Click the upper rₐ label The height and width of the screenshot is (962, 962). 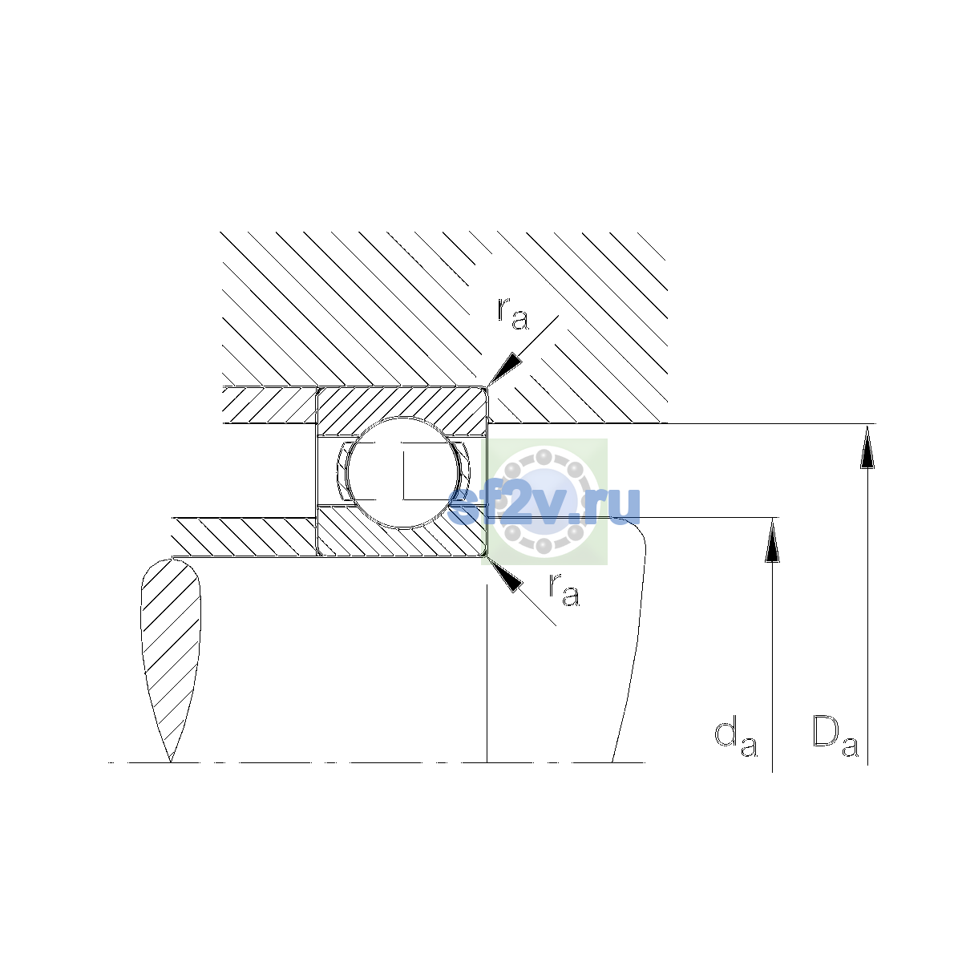pos(512,314)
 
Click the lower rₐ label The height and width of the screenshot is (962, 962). pos(564,591)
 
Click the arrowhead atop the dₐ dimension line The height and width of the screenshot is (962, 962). pos(772,540)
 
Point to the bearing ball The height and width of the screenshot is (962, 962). pos(402,472)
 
